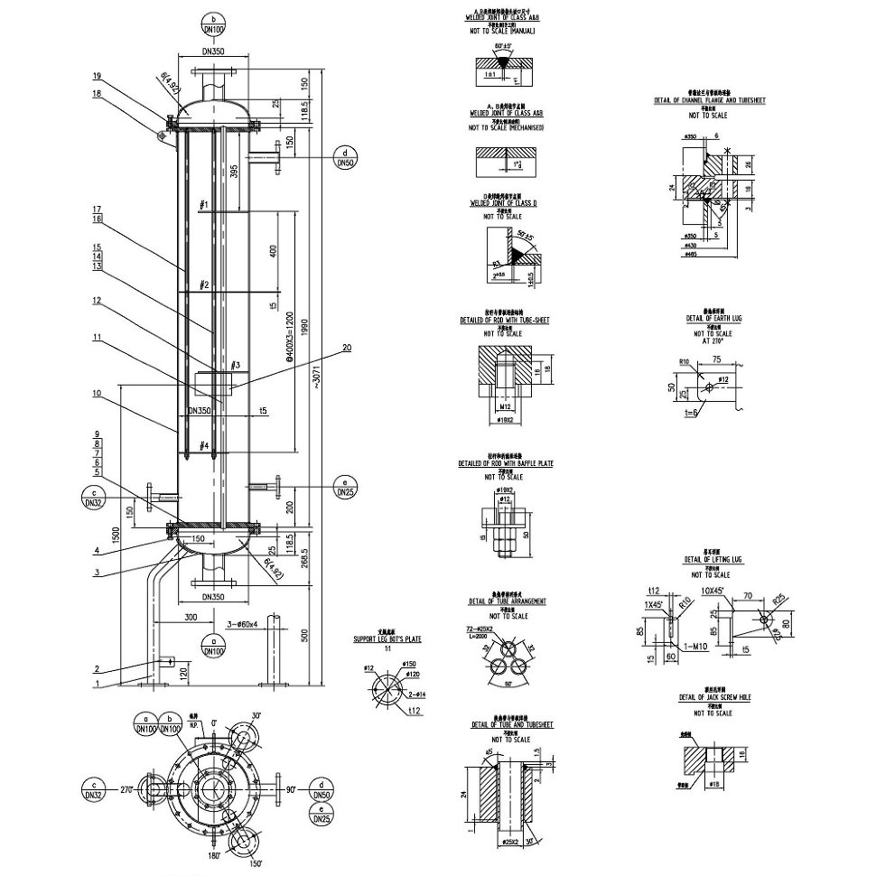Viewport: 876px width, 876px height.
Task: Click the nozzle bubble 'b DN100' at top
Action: (213, 24)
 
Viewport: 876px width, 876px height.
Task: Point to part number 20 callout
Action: (348, 348)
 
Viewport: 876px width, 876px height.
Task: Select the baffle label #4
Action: (204, 445)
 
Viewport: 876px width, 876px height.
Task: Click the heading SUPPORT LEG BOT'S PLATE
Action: (387, 639)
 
